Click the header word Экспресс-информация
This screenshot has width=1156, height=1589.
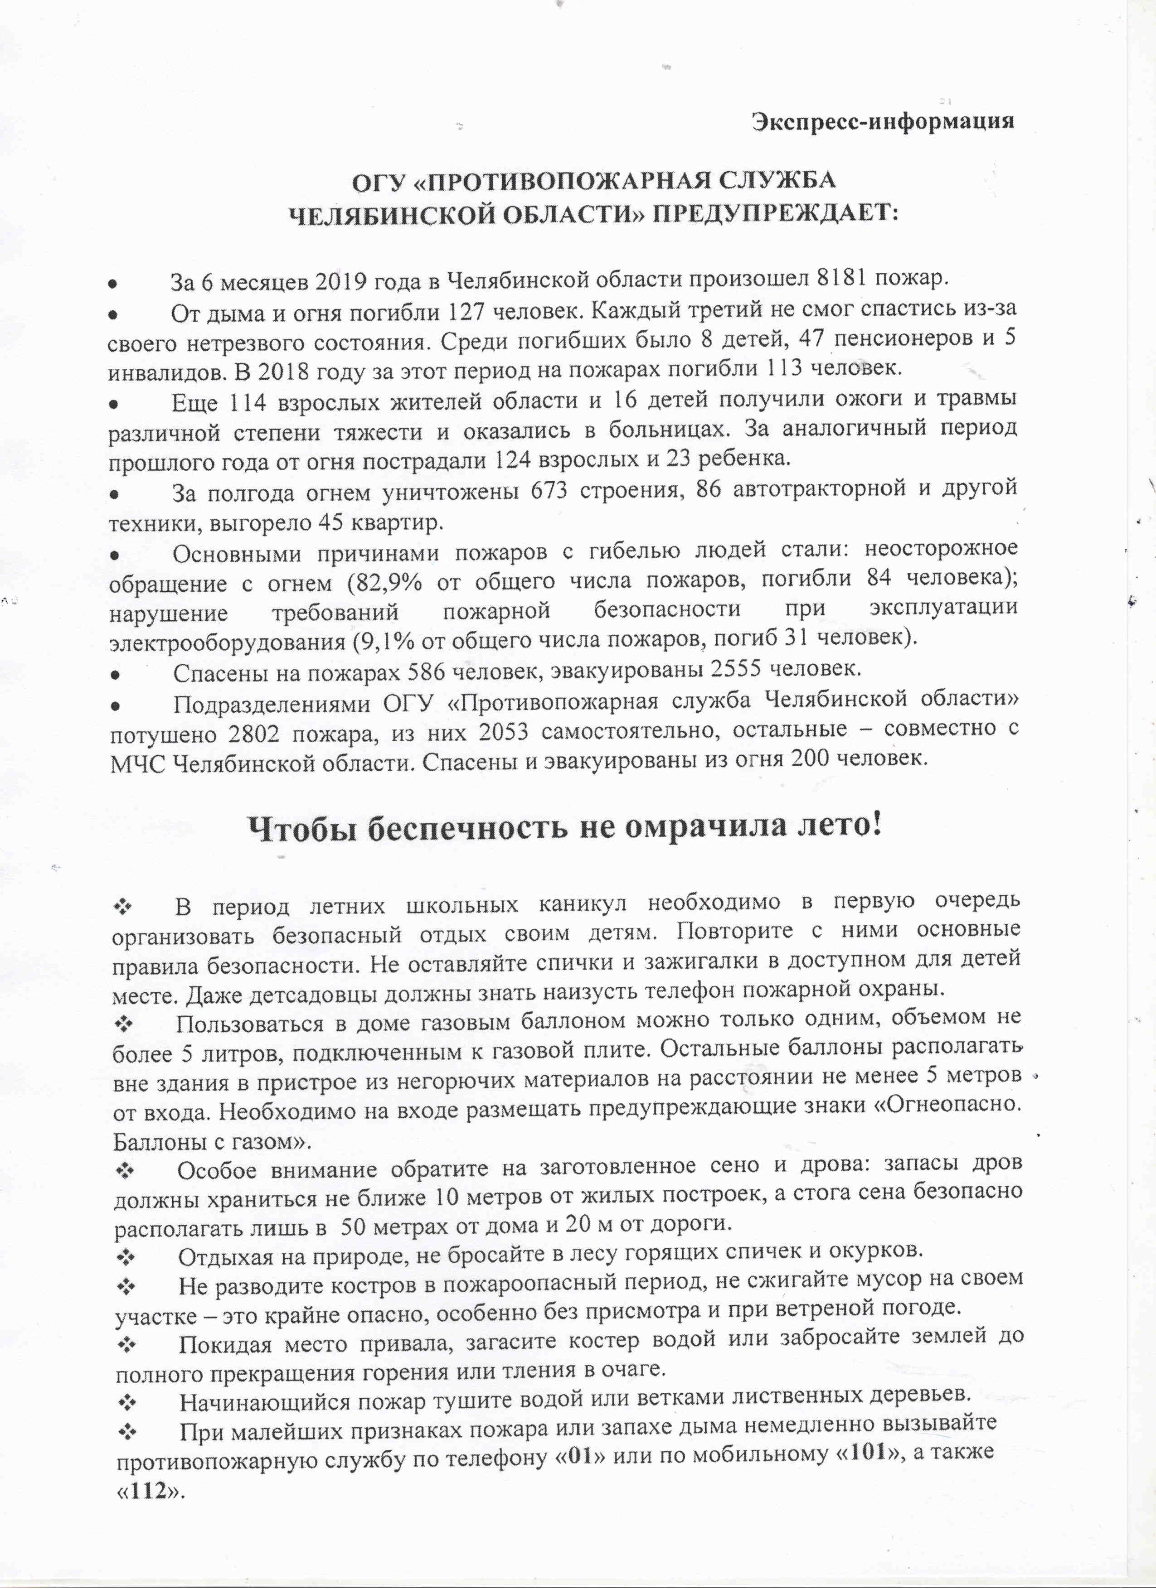coord(883,122)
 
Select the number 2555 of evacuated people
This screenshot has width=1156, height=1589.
coord(736,671)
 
